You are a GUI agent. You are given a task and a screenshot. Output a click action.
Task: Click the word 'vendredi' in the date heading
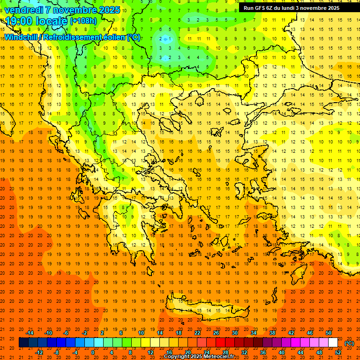(24, 10)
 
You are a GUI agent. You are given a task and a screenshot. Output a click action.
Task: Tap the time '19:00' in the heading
(18, 21)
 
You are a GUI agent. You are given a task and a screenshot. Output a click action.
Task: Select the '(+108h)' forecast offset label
(83, 21)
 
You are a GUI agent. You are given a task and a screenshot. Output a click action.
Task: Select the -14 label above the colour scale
(30, 333)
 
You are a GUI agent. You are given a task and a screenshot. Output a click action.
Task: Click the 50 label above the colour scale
(328, 333)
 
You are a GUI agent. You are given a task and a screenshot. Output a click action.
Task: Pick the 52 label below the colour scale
(338, 352)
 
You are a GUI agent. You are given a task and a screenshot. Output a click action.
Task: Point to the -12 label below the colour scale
(39, 352)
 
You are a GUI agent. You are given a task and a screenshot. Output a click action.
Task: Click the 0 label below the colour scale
(93, 352)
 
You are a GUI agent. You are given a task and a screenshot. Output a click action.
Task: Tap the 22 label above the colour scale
(197, 333)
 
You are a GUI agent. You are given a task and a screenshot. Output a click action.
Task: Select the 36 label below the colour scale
(263, 352)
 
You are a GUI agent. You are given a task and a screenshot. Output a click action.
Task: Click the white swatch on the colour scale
(333, 343)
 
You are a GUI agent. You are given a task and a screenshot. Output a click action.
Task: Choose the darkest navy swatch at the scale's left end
(23, 343)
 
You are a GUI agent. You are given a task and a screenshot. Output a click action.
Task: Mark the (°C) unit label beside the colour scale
(349, 343)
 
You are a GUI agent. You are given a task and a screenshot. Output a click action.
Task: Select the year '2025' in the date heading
(108, 10)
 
